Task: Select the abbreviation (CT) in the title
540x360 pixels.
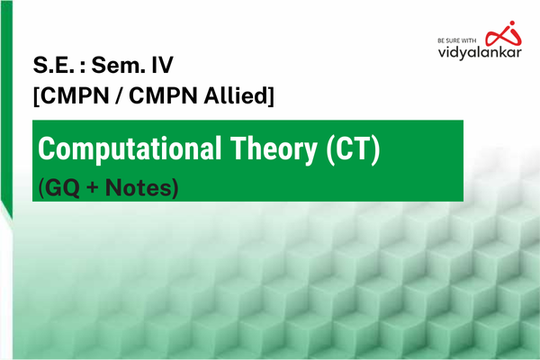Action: tap(355, 149)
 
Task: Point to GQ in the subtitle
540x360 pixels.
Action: tap(62, 189)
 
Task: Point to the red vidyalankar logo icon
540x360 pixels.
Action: tap(499, 32)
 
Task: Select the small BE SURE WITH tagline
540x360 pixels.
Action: tap(455, 40)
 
